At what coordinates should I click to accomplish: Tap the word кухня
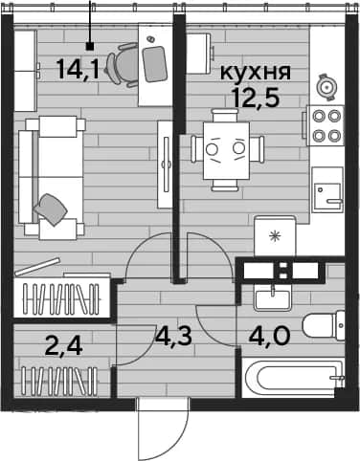256,73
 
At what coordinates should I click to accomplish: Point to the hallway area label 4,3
173,337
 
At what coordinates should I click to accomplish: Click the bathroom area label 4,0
270,336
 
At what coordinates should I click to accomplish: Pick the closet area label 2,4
64,346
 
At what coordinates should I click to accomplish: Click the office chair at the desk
124,65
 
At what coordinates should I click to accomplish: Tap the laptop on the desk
154,63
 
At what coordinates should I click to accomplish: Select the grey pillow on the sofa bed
51,209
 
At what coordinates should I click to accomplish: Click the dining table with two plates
226,150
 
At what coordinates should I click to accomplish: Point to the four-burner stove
326,125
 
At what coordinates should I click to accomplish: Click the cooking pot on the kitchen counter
326,87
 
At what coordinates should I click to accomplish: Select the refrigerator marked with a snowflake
275,236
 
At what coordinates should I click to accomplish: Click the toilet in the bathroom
324,325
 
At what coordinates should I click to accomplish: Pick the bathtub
292,377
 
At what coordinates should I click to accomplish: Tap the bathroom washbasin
272,297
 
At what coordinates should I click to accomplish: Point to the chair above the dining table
226,116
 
